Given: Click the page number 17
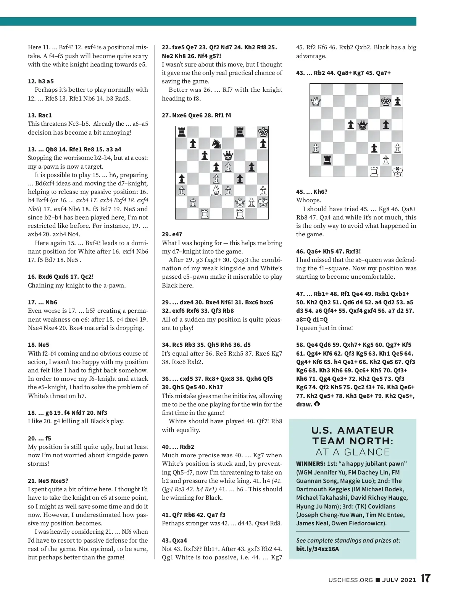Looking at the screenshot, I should [426, 578].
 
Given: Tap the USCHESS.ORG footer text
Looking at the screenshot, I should [350, 580].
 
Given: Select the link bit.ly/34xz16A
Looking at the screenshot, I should [318, 549].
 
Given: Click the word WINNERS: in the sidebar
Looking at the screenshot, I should [311, 464].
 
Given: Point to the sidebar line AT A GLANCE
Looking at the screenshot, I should [353, 452].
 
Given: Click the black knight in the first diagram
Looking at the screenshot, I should [216, 144].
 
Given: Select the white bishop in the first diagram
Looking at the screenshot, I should [216, 190].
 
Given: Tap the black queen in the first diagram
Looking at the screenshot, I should [228, 155].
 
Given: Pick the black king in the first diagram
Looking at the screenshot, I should [263, 132].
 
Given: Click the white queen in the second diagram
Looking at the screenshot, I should [316, 101].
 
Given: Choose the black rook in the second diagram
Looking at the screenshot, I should [327, 160].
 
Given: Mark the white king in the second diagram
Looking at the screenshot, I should [397, 172].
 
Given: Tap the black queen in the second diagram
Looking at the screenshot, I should [362, 125].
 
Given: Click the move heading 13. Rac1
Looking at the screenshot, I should [40, 115].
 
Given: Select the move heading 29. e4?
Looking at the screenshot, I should [172, 234].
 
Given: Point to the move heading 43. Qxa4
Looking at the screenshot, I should [174, 540].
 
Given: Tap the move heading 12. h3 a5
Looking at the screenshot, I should [41, 81].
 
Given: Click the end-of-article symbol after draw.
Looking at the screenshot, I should [317, 404].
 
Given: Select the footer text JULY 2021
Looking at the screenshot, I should [399, 580].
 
